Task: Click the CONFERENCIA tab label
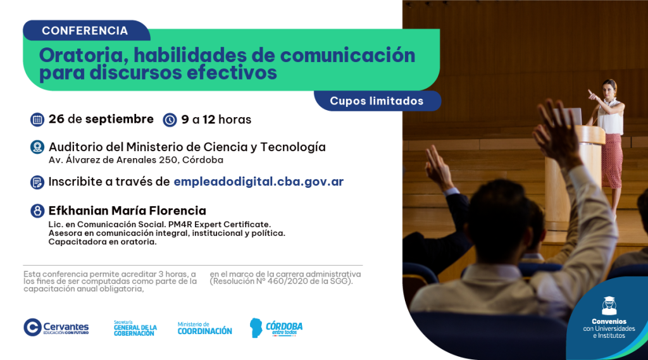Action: click(85, 30)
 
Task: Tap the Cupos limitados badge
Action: click(377, 101)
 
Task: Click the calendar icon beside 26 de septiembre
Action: click(37, 120)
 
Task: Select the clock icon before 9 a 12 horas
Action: click(170, 120)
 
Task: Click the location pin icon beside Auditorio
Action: click(37, 147)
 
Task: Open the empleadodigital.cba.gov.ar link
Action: click(259, 182)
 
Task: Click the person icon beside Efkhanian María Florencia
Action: click(37, 211)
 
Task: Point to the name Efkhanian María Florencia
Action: click(127, 211)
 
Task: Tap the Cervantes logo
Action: click(56, 327)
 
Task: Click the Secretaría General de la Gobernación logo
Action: click(135, 328)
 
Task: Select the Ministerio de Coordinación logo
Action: click(204, 328)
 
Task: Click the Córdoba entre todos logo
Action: click(276, 328)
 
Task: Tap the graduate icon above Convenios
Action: click(609, 306)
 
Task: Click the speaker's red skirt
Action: click(612, 160)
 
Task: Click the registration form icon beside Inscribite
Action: click(37, 182)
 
